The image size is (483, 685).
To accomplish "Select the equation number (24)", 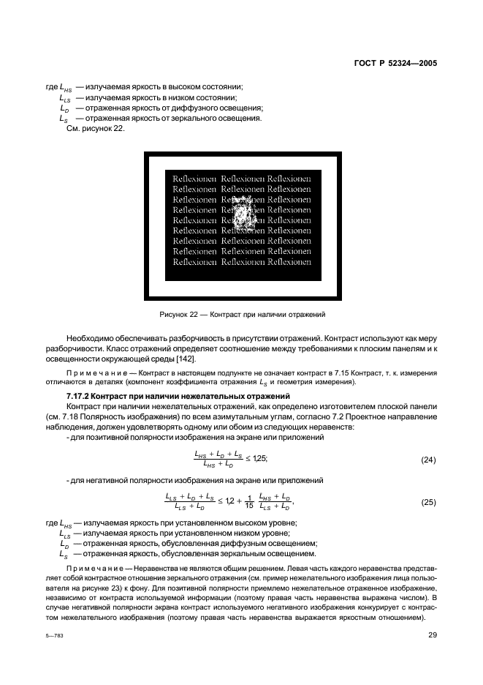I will pos(429,460).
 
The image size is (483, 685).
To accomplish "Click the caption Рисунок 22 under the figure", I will pos(241,314).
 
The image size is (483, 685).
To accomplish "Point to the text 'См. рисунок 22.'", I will pos(91,130).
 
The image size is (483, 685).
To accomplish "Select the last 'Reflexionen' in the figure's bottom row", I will pos(289,261).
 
